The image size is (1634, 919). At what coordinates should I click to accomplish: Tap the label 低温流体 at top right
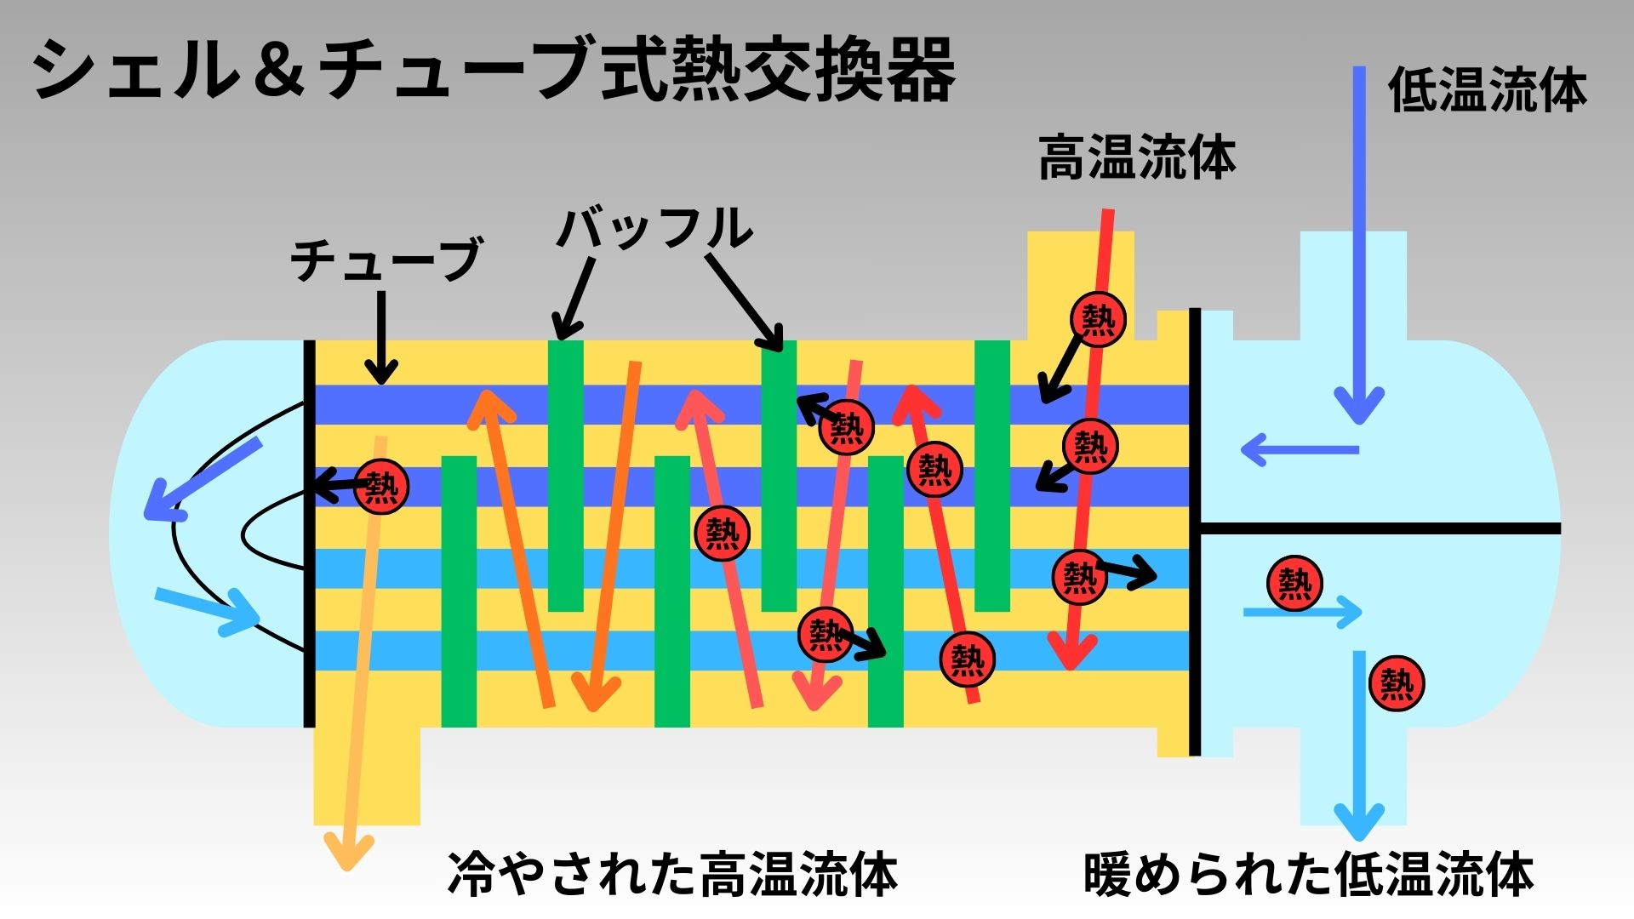(1487, 90)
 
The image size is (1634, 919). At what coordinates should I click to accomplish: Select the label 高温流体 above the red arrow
(1136, 158)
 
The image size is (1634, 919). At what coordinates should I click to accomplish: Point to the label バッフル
(655, 228)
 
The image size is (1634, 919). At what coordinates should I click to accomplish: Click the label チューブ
(386, 260)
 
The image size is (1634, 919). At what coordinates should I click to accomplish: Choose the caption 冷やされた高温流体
(672, 875)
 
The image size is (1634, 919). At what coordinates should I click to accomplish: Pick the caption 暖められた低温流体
(1308, 875)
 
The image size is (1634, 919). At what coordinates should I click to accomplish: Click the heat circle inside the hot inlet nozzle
(1098, 319)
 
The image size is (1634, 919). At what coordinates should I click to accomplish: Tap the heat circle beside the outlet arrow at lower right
(1397, 683)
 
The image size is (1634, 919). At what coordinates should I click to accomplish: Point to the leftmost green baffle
(459, 591)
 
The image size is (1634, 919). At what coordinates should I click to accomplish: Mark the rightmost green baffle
(991, 477)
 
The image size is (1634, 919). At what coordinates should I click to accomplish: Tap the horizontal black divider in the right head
(1379, 528)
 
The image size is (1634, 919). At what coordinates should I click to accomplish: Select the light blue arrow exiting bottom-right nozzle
(1358, 740)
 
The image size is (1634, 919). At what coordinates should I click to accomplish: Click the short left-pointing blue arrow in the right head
(1298, 449)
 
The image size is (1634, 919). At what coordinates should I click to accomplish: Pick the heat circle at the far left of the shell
(381, 487)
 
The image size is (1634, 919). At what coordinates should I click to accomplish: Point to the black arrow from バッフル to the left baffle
(574, 298)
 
